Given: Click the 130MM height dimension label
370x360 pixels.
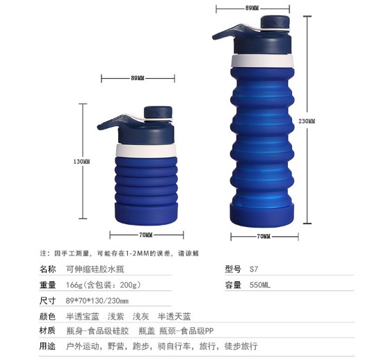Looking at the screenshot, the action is tap(81, 162).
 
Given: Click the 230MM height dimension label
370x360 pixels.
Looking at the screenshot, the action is tap(307, 121).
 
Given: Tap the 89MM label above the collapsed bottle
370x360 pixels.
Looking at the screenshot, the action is tap(138, 78).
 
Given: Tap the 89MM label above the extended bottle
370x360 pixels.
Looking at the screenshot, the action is tap(252, 8).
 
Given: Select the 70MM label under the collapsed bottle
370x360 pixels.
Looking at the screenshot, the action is tap(146, 235).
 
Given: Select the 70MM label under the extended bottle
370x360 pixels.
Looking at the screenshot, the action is tap(264, 236).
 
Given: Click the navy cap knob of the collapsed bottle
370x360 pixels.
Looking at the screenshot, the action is tap(158, 113).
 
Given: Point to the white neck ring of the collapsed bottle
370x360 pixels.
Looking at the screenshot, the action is tap(146, 150).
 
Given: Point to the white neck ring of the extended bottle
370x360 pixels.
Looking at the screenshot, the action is tap(262, 61).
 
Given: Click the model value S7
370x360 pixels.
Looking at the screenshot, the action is tap(254, 269).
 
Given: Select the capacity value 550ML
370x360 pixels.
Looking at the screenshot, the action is tap(260, 285).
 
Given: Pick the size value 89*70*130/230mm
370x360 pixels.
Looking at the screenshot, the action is tap(97, 301).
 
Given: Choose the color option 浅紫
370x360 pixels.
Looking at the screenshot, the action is tap(115, 316).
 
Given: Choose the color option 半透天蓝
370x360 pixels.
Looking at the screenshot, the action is tap(174, 316).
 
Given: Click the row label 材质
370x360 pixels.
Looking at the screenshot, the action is tap(47, 331).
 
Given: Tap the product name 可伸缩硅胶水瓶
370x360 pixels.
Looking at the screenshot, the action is tap(95, 269).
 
